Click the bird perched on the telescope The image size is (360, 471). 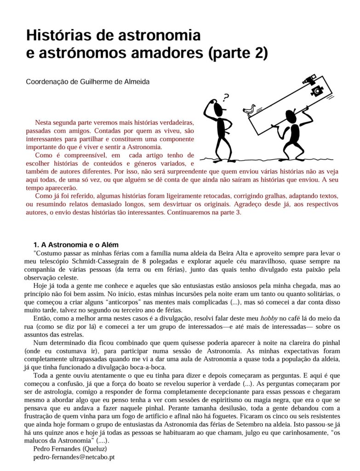tap(249, 109)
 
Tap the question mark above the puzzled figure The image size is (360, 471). tap(225, 98)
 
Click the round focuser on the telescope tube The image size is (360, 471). tap(317, 91)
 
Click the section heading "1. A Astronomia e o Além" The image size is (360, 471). tap(76, 245)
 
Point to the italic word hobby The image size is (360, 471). tap(269, 318)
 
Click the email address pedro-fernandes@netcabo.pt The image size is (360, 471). tap(74, 458)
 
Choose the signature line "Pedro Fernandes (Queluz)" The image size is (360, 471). tap(70, 449)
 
